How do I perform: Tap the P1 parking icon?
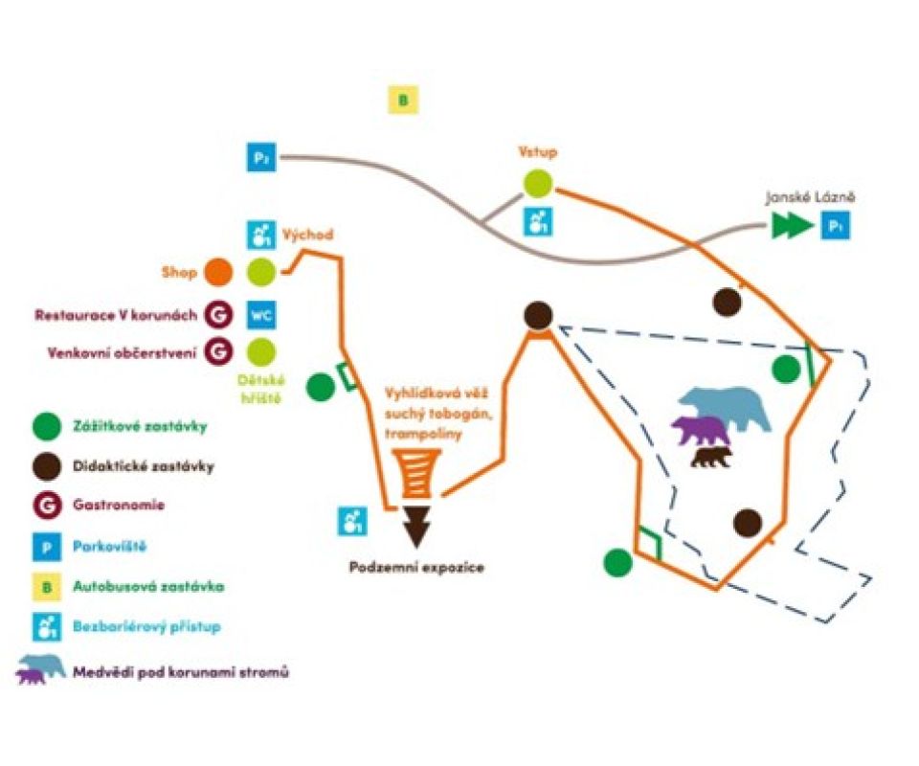(836, 228)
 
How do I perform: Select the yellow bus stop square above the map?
(403, 100)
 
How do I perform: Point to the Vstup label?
(538, 152)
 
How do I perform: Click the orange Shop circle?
(218, 272)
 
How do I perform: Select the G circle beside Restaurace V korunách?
(218, 314)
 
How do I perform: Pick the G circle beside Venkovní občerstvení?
(218, 351)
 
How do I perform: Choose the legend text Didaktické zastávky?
(144, 467)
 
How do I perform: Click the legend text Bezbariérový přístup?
(146, 626)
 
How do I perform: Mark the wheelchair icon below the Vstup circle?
(538, 222)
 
